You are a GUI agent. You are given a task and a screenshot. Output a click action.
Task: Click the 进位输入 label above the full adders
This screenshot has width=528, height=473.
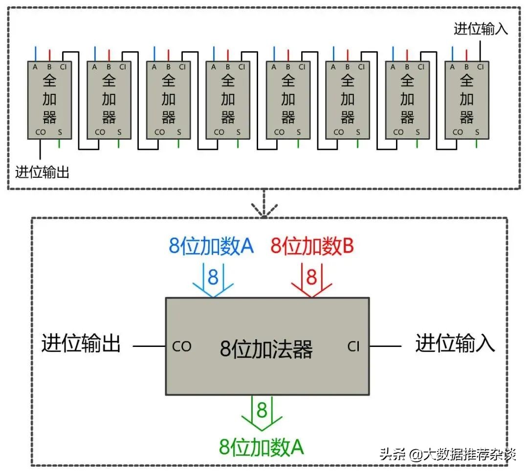coord(481,29)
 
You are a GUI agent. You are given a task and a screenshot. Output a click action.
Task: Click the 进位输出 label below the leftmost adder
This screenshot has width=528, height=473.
coord(42,172)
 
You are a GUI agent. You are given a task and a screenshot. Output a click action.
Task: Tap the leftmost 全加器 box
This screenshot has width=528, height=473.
coord(50,100)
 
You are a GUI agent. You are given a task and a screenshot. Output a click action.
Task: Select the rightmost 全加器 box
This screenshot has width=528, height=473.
coord(466,100)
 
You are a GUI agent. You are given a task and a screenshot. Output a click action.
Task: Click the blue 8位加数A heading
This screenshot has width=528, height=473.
coord(211,246)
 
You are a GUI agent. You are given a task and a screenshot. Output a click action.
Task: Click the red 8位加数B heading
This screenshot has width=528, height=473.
coord(312,246)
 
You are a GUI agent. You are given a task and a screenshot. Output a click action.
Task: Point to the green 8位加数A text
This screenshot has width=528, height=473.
coord(262,446)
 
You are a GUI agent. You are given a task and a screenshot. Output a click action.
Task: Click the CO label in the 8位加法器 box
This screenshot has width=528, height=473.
coord(181,346)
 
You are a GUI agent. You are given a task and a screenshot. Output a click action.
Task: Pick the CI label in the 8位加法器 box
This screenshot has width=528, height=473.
coord(353,346)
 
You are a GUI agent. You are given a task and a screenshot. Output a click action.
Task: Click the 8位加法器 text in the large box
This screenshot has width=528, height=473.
coord(266,349)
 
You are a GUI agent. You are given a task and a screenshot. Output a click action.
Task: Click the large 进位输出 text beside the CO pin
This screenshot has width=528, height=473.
coord(81,344)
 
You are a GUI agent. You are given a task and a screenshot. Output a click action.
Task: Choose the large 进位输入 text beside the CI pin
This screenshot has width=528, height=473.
coord(455,344)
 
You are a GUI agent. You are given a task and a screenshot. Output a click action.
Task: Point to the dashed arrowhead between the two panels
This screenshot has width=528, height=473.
coord(264,209)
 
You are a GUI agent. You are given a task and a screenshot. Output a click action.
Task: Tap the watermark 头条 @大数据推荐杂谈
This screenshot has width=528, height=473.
coord(447,455)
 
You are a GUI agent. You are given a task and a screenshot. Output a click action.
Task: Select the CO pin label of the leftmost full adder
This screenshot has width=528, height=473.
coord(41,132)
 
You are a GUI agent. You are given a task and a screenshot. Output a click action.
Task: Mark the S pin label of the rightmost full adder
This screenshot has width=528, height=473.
coord(477,132)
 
